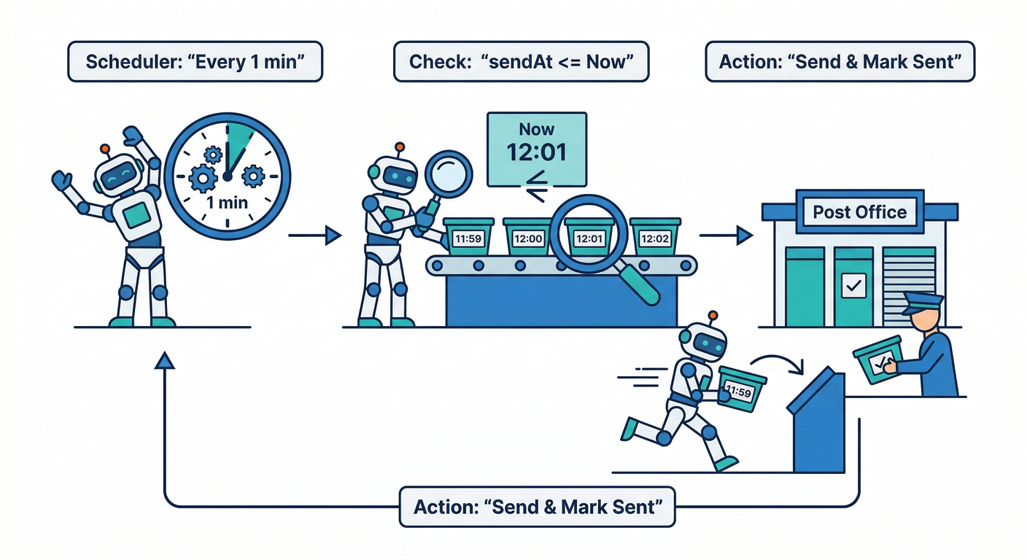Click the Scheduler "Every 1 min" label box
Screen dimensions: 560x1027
coord(195,61)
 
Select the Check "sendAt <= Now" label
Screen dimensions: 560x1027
coord(520,61)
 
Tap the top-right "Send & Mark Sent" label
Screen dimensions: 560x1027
coord(840,61)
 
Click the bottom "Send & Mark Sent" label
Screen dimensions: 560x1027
coord(537,507)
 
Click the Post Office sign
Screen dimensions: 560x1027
coord(859,212)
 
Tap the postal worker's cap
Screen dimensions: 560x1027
coord(923,302)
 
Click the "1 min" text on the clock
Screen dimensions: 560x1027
coord(228,202)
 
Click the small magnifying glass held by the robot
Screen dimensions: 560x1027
coord(447,173)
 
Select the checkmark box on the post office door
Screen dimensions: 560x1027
coord(852,285)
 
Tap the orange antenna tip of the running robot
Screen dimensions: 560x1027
coord(713,316)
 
